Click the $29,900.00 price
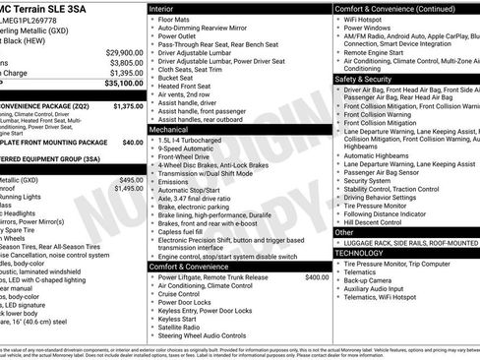pos(123,52)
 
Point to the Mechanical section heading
pos(172,129)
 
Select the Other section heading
pos(345,232)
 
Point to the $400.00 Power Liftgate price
pos(317,277)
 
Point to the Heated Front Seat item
pos(186,86)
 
